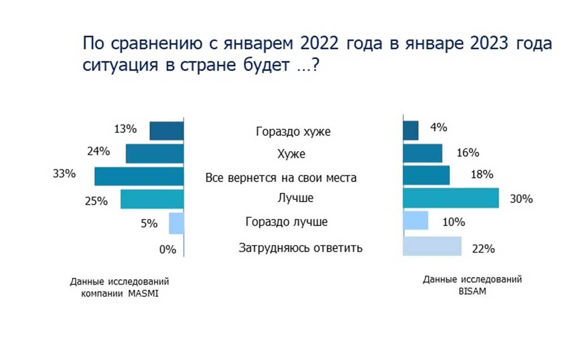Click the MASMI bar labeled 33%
click(139, 176)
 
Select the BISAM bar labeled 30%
click(451, 198)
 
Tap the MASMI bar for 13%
click(166, 131)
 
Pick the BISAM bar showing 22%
click(432, 246)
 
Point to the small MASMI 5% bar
click(176, 223)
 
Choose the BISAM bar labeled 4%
click(411, 131)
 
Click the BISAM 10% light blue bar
click(415, 221)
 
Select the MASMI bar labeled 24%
click(154, 154)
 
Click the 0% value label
click(168, 249)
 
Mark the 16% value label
click(468, 153)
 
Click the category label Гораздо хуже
click(293, 131)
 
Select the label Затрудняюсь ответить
click(301, 248)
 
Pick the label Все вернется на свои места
click(281, 178)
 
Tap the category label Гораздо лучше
click(287, 222)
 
